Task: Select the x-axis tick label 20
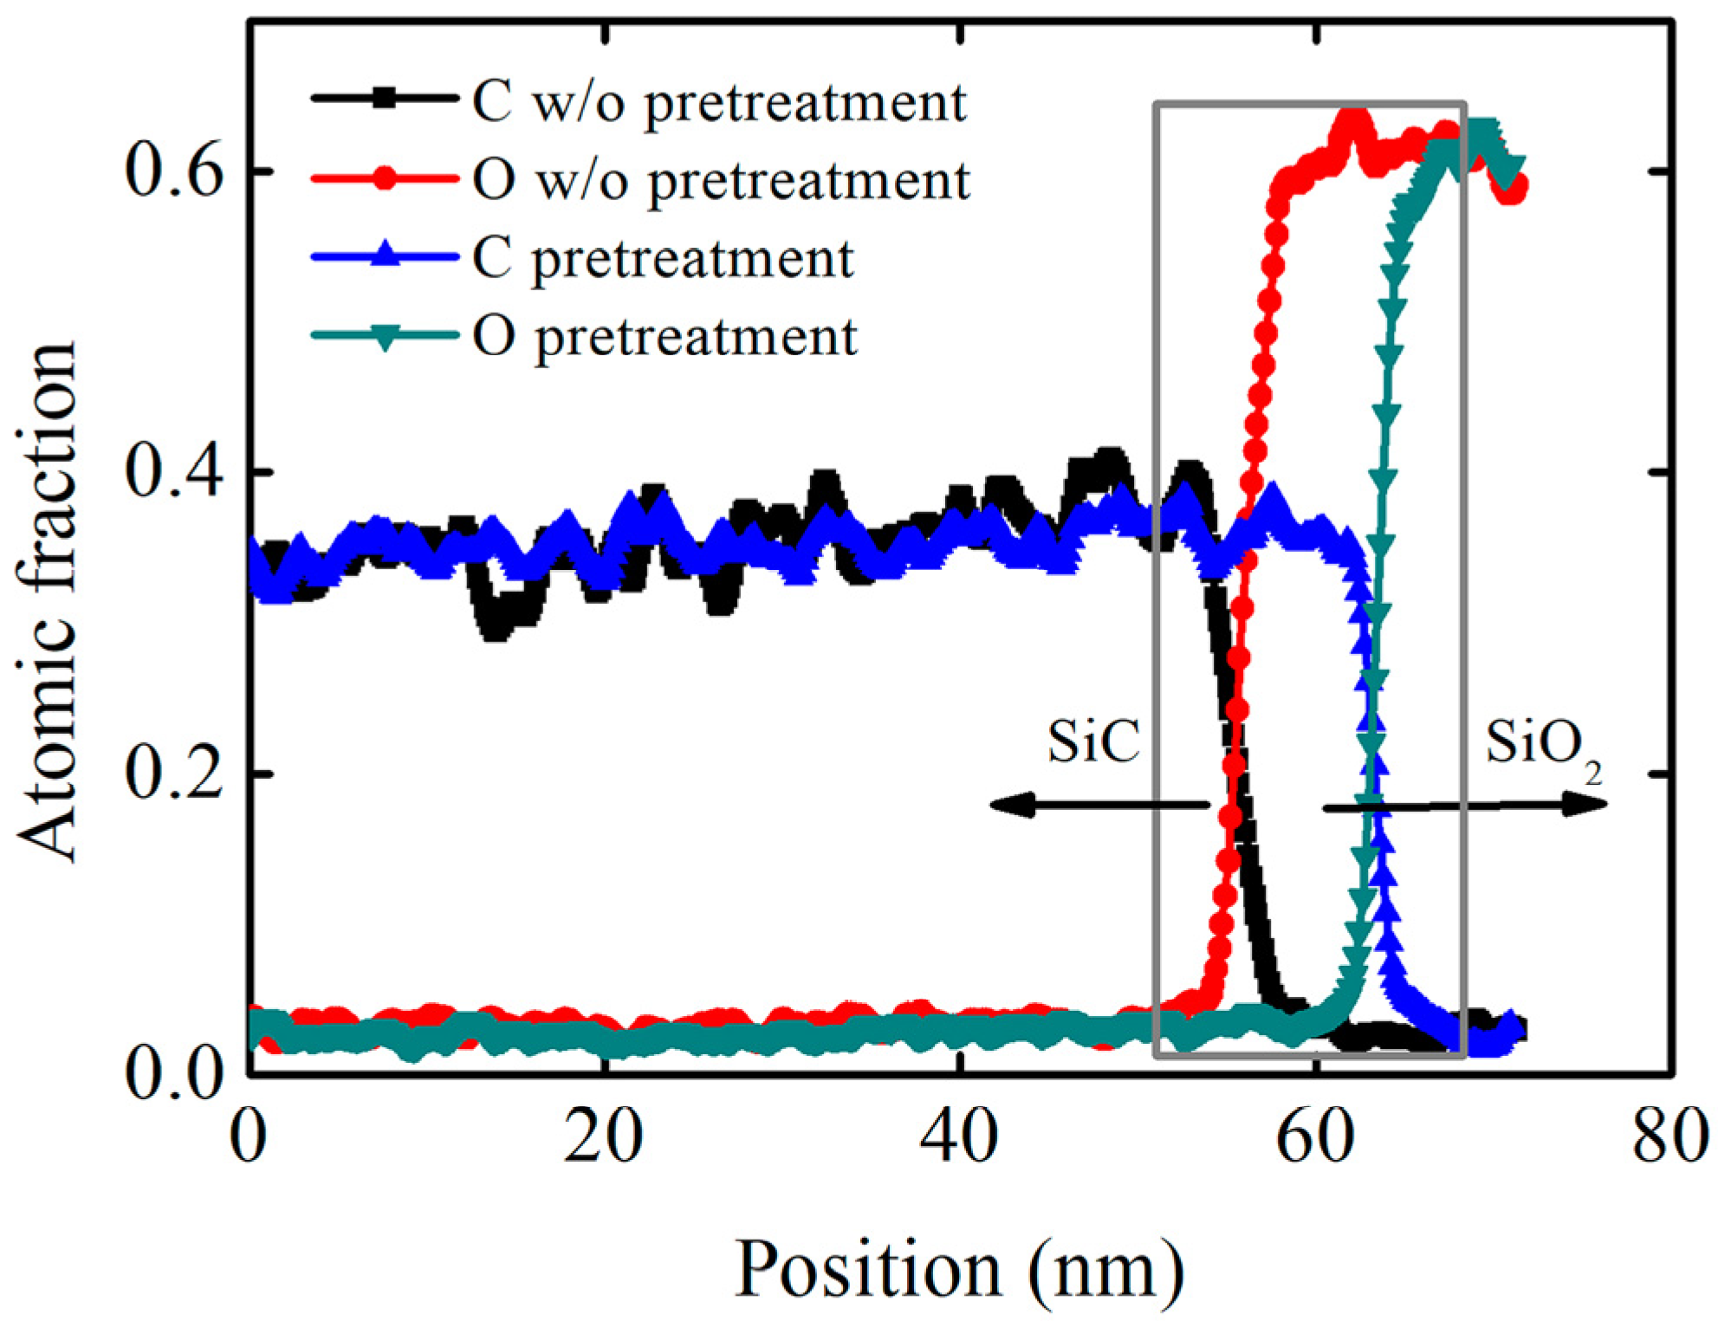pos(603,1137)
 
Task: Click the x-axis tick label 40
pos(959,1137)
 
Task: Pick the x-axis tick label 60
pos(1315,1137)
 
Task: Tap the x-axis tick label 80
pos(1670,1137)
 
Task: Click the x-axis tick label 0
pos(249,1137)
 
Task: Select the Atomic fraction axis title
pos(48,602)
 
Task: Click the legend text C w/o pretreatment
pos(719,103)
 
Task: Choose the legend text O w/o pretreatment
pos(721,181)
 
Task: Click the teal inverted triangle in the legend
pos(385,337)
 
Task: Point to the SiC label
pos(1093,742)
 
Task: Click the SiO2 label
pos(1542,746)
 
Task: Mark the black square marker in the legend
pos(385,98)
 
